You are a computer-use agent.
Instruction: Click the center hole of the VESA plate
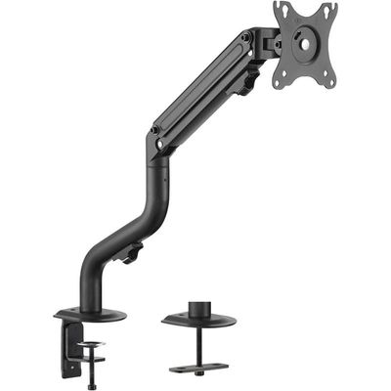pos(304,41)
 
